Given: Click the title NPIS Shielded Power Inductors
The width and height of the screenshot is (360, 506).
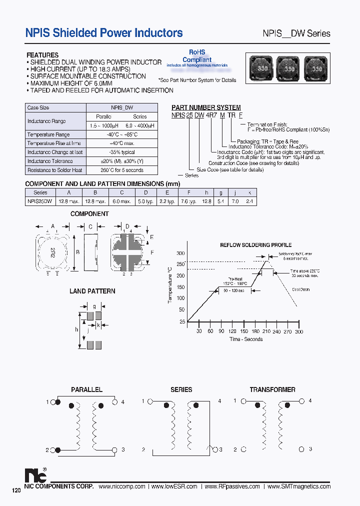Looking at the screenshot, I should click(104, 33).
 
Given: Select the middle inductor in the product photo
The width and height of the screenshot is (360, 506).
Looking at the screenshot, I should click(289, 68).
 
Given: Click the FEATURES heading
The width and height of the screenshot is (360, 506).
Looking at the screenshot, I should click(42, 55).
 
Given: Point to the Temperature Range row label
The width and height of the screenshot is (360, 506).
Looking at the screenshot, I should click(48, 134).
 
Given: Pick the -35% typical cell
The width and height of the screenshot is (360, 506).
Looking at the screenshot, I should click(121, 152).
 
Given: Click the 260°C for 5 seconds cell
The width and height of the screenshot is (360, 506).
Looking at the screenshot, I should click(121, 170).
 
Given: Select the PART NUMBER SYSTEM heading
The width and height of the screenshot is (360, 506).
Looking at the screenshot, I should click(206, 107).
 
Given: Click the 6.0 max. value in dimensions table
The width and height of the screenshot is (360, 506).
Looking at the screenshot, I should click(121, 201).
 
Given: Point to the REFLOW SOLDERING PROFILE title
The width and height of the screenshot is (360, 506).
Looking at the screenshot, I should click(256, 245).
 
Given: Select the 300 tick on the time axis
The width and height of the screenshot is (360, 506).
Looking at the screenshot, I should click(299, 331).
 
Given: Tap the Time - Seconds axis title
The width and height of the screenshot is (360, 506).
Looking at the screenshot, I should click(245, 339).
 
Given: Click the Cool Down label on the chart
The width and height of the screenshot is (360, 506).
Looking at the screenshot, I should click(301, 289).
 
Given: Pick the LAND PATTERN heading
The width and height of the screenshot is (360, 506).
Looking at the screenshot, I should click(92, 291).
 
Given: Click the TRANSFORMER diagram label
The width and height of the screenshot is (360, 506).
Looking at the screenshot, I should click(272, 389).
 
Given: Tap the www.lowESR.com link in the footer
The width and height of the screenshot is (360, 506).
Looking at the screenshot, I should click(174, 486).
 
